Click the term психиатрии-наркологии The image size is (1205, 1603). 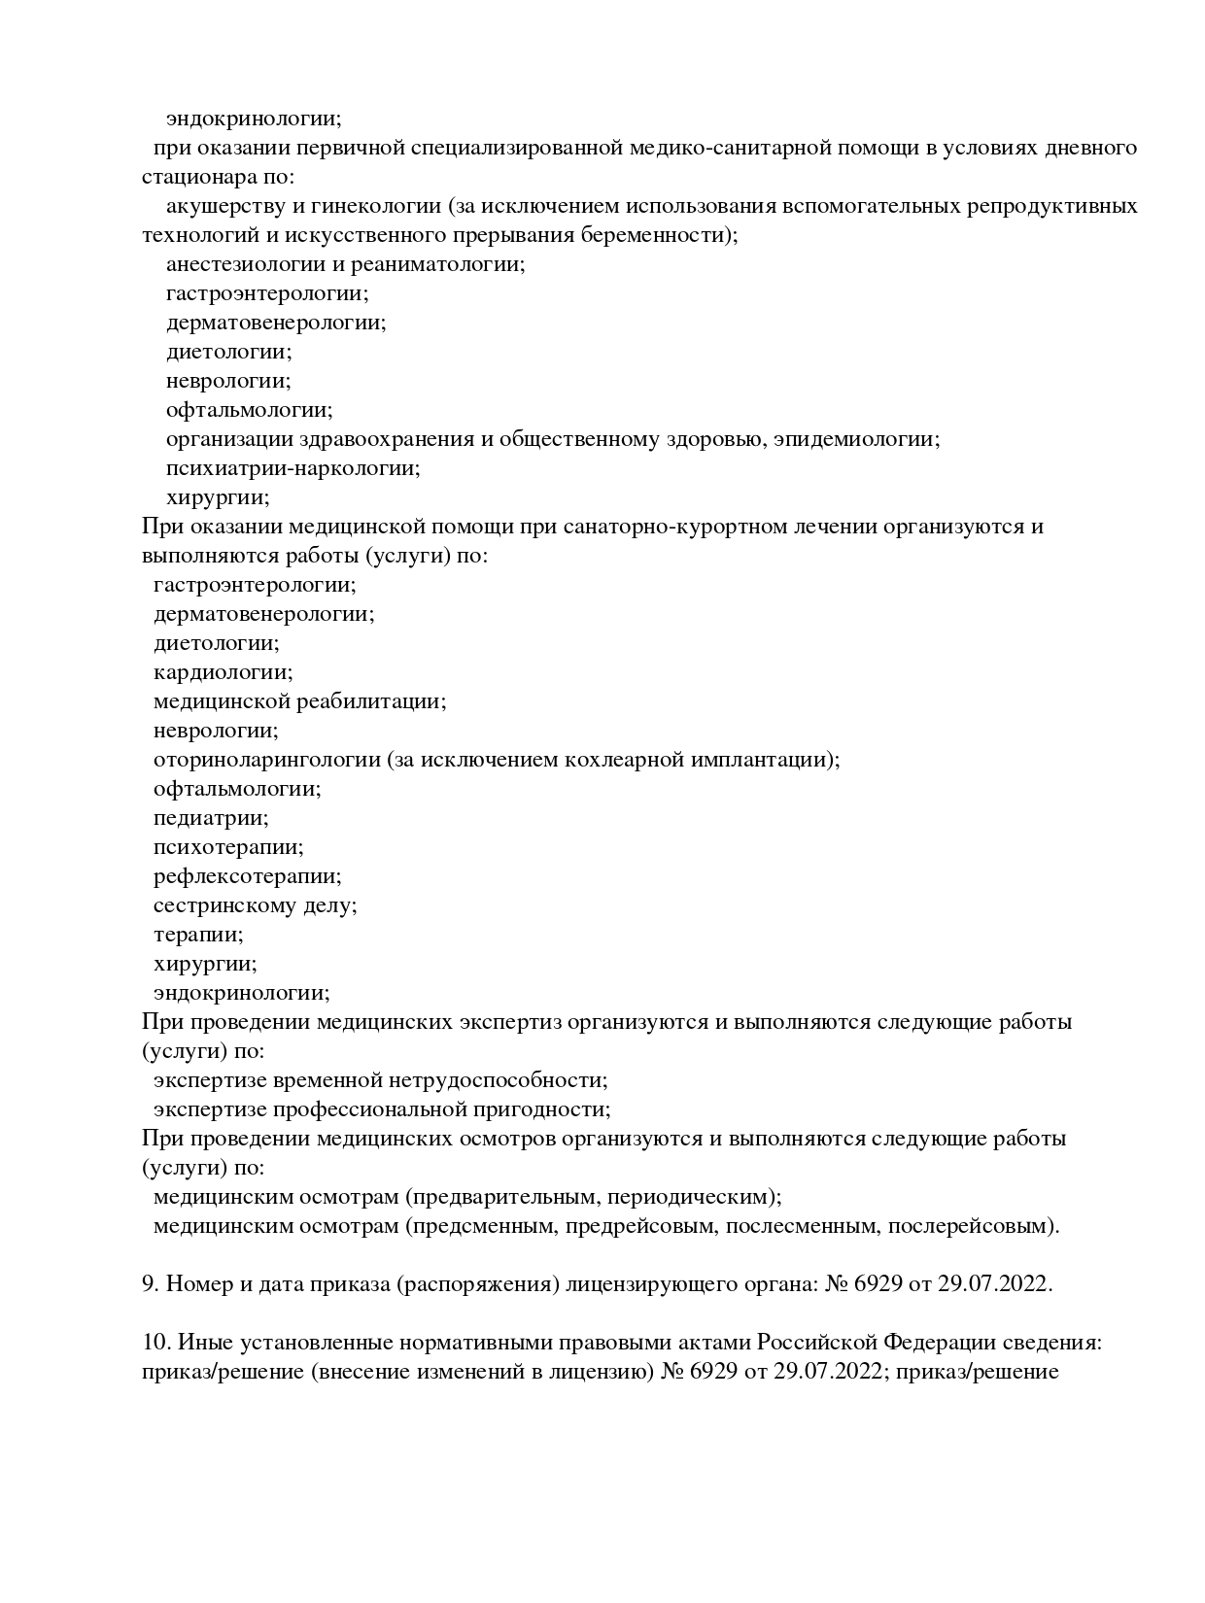point(293,468)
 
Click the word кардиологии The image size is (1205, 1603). point(223,672)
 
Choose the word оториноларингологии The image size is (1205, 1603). point(266,760)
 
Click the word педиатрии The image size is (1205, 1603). point(211,818)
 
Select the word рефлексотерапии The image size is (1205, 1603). point(247,876)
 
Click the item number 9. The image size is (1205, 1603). point(150,1284)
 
